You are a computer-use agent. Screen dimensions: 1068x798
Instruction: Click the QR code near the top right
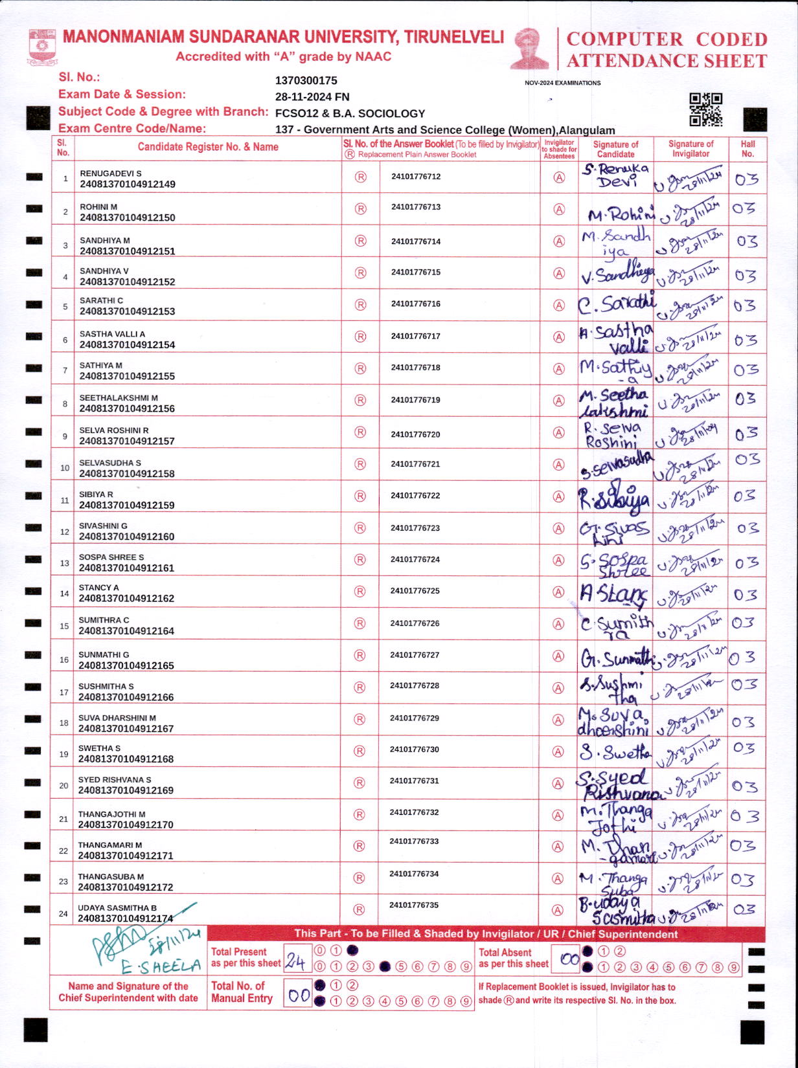click(705, 109)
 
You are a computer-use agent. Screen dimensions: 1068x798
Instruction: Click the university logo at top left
click(43, 47)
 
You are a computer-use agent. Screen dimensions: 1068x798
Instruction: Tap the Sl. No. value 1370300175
click(306, 81)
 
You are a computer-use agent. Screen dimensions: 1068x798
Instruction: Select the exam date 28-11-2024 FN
click(312, 97)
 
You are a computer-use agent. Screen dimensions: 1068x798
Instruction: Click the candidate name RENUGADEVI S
click(110, 173)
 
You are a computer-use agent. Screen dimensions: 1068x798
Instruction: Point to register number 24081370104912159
click(126, 506)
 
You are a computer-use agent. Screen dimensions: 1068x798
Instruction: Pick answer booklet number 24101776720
click(415, 434)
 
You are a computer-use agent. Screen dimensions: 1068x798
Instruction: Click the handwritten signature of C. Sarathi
click(617, 304)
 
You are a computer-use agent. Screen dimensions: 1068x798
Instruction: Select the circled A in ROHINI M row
click(559, 210)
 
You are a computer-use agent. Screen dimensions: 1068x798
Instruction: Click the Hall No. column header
click(747, 149)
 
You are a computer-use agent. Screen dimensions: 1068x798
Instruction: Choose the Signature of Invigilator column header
click(690, 149)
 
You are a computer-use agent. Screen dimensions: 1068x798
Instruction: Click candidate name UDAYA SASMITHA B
click(117, 908)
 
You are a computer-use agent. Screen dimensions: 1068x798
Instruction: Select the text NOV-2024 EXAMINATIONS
click(562, 83)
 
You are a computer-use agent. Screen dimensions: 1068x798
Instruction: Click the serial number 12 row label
click(64, 532)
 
